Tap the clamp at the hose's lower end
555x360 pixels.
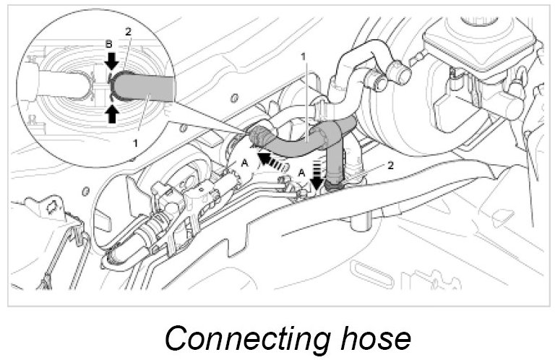(334, 184)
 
